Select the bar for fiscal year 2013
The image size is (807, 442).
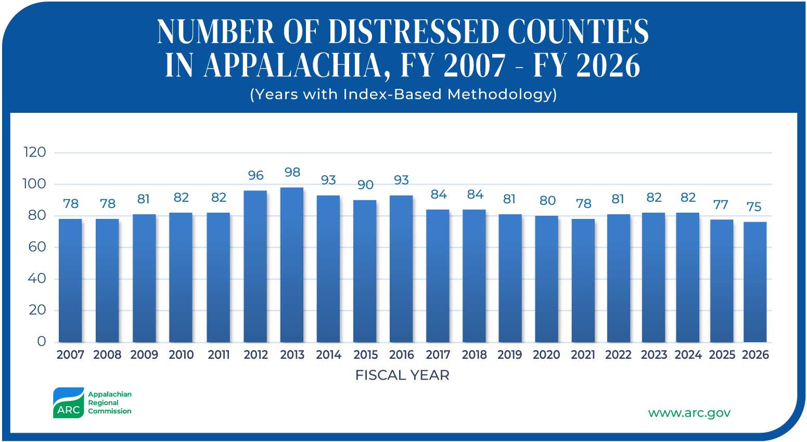pyautogui.click(x=292, y=265)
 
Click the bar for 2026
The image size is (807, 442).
pyautogui.click(x=755, y=282)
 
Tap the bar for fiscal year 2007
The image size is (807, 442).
pyautogui.click(x=70, y=280)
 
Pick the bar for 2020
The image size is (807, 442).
pyautogui.click(x=547, y=279)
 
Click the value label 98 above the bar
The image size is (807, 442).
pyautogui.click(x=292, y=172)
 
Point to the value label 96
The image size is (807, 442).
pyautogui.click(x=255, y=175)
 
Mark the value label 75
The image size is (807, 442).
pyautogui.click(x=754, y=207)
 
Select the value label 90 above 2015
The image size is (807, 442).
pyautogui.click(x=365, y=185)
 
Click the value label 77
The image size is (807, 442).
pyautogui.click(x=721, y=205)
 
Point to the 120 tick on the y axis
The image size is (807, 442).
pyautogui.click(x=35, y=152)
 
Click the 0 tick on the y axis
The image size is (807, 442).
pyautogui.click(x=41, y=342)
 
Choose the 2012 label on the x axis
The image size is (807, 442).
pyautogui.click(x=255, y=355)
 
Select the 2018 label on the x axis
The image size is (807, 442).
pyautogui.click(x=475, y=355)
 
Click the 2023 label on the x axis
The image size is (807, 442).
pyautogui.click(x=654, y=355)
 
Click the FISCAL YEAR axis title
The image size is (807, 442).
pyautogui.click(x=402, y=375)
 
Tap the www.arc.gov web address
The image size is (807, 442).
pyautogui.click(x=689, y=413)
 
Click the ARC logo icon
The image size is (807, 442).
pyautogui.click(x=68, y=403)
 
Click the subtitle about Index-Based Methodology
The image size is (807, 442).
pyautogui.click(x=403, y=94)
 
